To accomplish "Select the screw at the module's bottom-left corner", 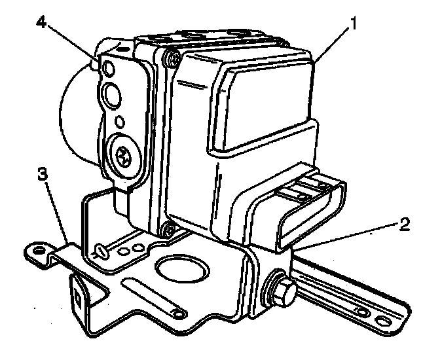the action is [x=166, y=229].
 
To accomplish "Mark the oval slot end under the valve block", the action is [x=101, y=249].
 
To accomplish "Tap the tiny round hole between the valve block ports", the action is [x=120, y=121].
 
